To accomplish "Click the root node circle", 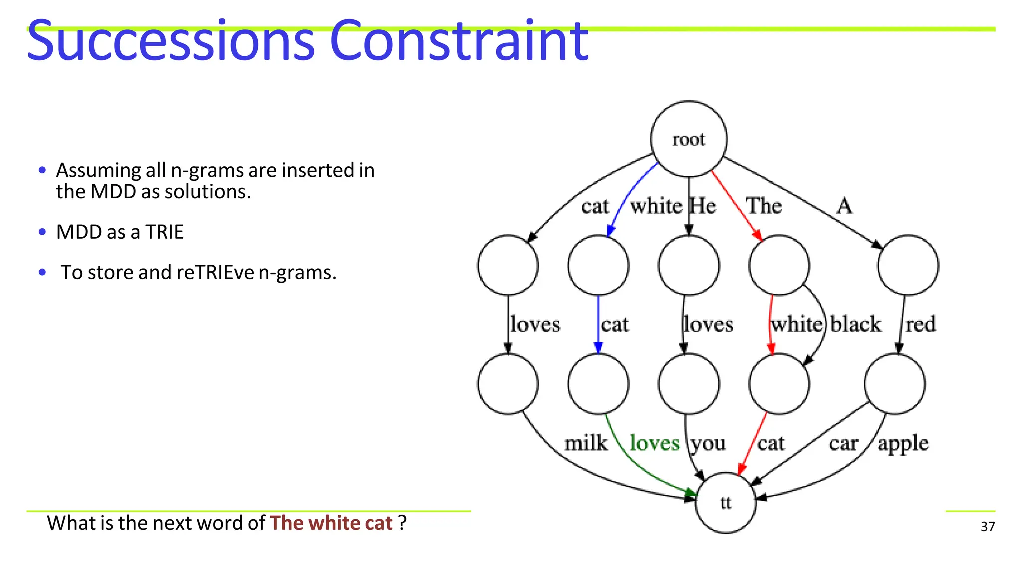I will pyautogui.click(x=689, y=139).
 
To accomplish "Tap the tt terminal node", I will pyautogui.click(x=725, y=503).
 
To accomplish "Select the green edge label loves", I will pyautogui.click(x=654, y=443).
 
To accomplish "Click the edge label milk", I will pyautogui.click(x=586, y=443).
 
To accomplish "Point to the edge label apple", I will pyautogui.click(x=903, y=443).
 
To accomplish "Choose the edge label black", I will pyautogui.click(x=855, y=324).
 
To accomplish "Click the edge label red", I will pyautogui.click(x=920, y=324).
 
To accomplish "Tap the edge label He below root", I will pyautogui.click(x=703, y=206).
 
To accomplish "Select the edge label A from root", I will pyautogui.click(x=844, y=206).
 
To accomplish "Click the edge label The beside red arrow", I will pyautogui.click(x=764, y=206).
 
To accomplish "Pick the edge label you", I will pyautogui.click(x=708, y=443).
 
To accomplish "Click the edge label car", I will pyautogui.click(x=843, y=443).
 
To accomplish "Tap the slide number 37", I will pyautogui.click(x=987, y=527).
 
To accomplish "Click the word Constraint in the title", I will pyautogui.click(x=459, y=41).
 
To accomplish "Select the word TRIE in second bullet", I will pyautogui.click(x=164, y=232).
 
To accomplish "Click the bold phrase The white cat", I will pyautogui.click(x=331, y=523).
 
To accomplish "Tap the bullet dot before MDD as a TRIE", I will pyautogui.click(x=42, y=232).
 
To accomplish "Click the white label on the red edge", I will pyautogui.click(x=796, y=324).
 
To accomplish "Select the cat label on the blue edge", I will pyautogui.click(x=614, y=324).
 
